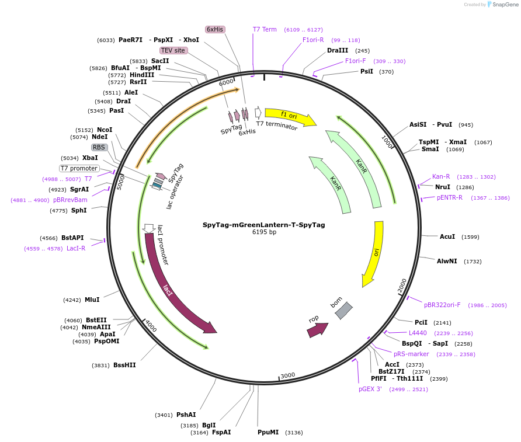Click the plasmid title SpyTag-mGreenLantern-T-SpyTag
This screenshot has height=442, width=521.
(264, 225)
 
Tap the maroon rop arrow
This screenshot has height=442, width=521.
(317, 330)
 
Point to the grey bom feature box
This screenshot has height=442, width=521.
(343, 311)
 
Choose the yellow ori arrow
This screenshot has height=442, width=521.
(374, 253)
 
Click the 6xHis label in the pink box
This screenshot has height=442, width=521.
(215, 29)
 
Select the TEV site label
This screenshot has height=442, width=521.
(173, 50)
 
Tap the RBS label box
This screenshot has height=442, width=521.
(99, 147)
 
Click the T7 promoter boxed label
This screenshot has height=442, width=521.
(79, 168)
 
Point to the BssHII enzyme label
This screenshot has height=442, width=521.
(124, 365)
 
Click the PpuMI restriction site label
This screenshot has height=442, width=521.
(268, 432)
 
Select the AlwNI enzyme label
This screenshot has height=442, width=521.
(447, 261)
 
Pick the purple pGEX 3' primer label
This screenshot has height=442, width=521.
(370, 389)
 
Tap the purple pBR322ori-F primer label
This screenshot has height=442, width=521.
(442, 305)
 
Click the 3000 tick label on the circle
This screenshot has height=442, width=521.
(288, 375)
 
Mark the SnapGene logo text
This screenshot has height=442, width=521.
(505, 4)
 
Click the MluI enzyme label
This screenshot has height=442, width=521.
(92, 300)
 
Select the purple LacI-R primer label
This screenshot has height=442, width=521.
(76, 248)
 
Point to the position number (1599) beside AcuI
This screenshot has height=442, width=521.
(470, 237)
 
